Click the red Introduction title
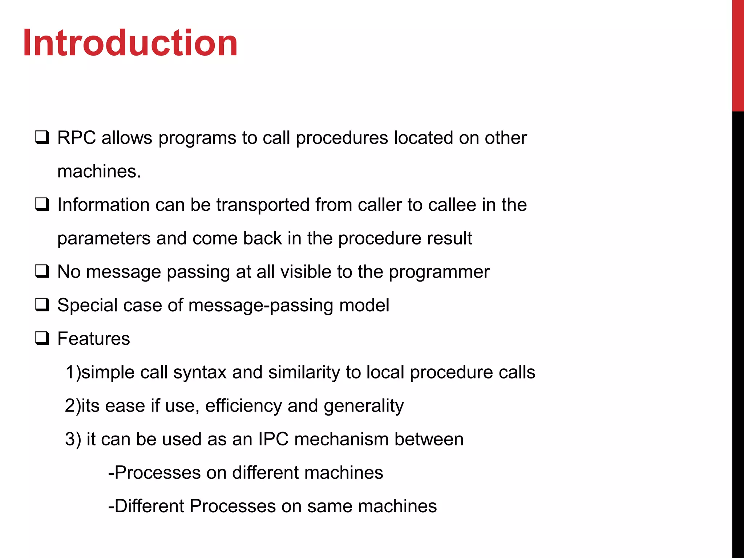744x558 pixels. click(x=130, y=43)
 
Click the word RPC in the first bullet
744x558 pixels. click(x=76, y=138)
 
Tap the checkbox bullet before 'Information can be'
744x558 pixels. click(x=42, y=205)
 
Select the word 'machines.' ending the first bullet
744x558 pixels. click(x=99, y=171)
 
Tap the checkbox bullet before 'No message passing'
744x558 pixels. click(x=42, y=271)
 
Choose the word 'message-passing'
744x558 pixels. click(x=260, y=306)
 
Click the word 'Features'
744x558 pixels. click(x=93, y=339)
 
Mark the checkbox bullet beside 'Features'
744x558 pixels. click(x=42, y=338)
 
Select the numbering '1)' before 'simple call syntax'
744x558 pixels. click(x=73, y=372)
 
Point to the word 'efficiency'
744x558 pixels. click(x=243, y=406)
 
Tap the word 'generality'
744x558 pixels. click(x=364, y=406)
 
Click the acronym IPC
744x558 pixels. click(x=273, y=439)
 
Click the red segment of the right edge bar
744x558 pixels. click(x=738, y=54)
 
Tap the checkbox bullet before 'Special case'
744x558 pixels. click(x=42, y=305)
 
